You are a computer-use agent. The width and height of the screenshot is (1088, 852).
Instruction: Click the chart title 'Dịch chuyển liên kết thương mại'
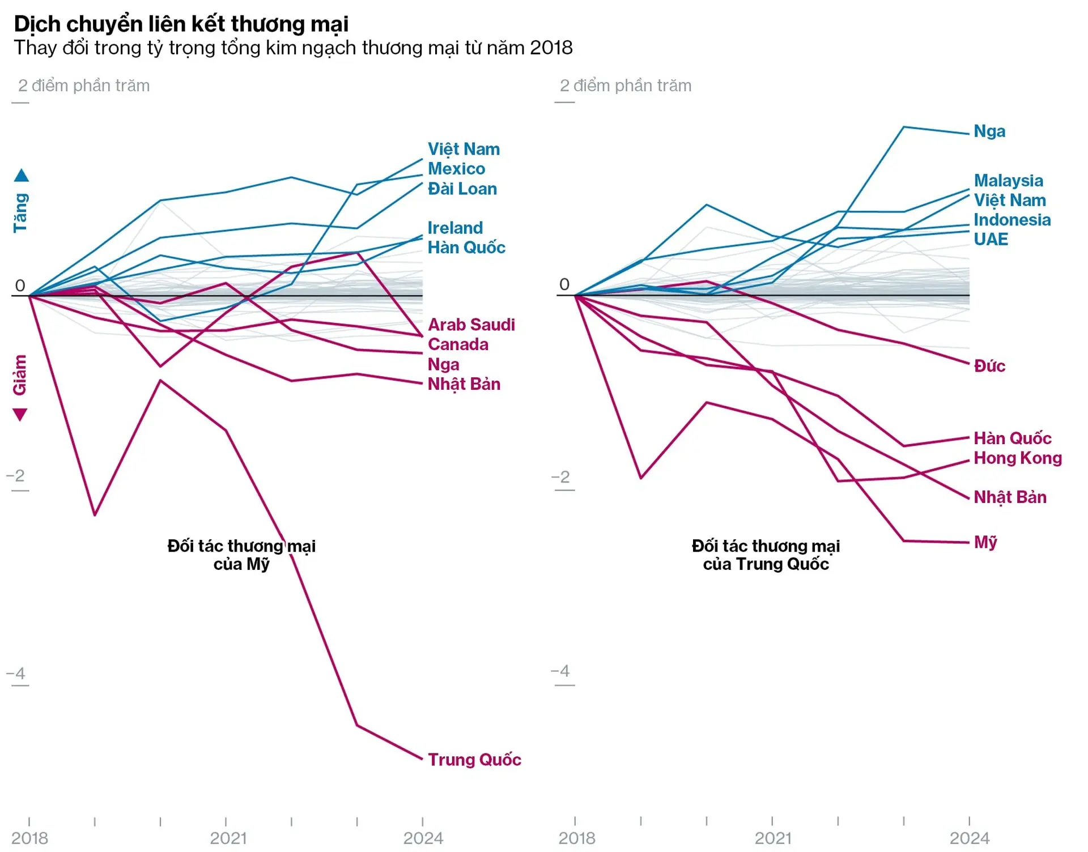[181, 24]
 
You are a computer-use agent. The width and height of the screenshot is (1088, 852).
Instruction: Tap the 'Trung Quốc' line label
[474, 759]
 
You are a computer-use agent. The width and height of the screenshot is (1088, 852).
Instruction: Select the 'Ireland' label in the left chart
[455, 228]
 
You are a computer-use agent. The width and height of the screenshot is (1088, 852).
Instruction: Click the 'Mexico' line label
[456, 168]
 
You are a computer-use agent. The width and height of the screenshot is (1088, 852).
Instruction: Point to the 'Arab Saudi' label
[471, 325]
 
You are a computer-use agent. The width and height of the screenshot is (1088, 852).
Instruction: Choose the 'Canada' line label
[458, 344]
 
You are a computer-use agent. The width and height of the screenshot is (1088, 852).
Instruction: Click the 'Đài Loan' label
[462, 189]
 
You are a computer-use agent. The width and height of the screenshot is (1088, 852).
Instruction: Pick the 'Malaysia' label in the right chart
[1008, 180]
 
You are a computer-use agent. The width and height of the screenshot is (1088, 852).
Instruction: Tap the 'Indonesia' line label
[1012, 219]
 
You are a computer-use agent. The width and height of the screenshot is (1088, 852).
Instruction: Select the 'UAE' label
[991, 239]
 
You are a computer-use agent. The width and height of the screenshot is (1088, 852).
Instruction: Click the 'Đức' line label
[989, 366]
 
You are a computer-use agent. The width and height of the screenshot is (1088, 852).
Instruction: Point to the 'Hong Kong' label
[1018, 458]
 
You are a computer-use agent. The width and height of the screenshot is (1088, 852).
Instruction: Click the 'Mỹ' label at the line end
[985, 542]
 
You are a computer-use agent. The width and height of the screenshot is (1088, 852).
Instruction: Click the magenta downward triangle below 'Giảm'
[20, 415]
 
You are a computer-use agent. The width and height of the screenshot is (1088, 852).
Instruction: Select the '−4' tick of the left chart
[16, 674]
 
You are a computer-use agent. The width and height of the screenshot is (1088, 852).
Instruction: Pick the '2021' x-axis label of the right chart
[772, 838]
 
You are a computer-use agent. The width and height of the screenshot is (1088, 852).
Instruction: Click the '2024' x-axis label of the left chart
[423, 838]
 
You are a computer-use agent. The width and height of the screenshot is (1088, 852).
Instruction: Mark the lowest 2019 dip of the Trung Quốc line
[95, 515]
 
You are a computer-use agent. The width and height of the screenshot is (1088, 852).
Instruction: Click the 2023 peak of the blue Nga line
[904, 127]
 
